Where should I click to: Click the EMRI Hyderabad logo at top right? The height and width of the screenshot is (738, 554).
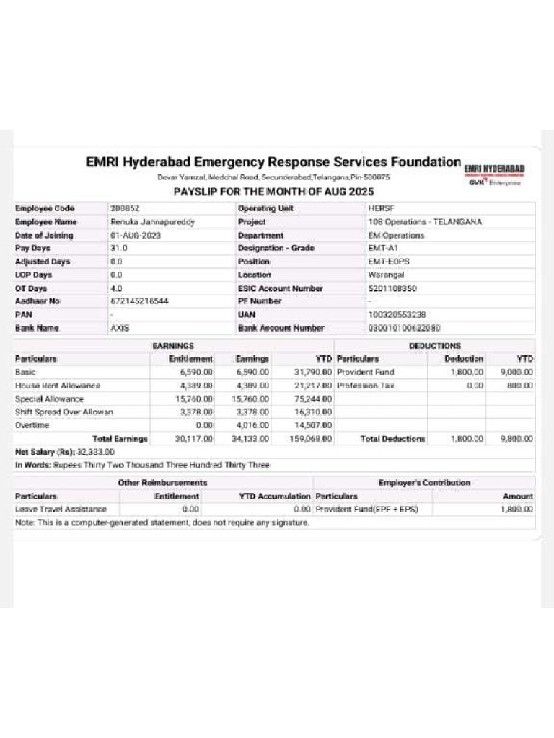click(494, 172)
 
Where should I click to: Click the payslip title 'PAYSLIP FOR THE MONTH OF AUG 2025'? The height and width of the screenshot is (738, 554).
click(273, 192)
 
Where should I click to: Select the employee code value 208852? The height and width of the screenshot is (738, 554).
click(125, 208)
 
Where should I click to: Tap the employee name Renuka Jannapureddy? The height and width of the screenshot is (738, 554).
click(152, 222)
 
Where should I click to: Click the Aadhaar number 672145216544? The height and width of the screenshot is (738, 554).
click(139, 301)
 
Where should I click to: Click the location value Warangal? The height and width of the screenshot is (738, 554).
click(386, 275)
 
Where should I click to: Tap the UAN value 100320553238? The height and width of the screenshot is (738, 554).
click(397, 315)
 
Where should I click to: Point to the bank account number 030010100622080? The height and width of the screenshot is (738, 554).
click(404, 328)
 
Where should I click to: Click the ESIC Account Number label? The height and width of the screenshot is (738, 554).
click(280, 288)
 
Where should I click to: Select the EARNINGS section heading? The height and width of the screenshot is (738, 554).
click(173, 346)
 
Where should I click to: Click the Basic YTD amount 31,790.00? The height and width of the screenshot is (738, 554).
click(312, 372)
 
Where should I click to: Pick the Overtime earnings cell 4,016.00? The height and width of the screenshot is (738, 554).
click(252, 425)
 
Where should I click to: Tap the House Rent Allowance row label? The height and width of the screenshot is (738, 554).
click(58, 386)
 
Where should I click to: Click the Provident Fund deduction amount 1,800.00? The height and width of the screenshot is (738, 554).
click(467, 372)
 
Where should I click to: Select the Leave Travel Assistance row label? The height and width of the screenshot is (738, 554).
click(61, 509)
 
